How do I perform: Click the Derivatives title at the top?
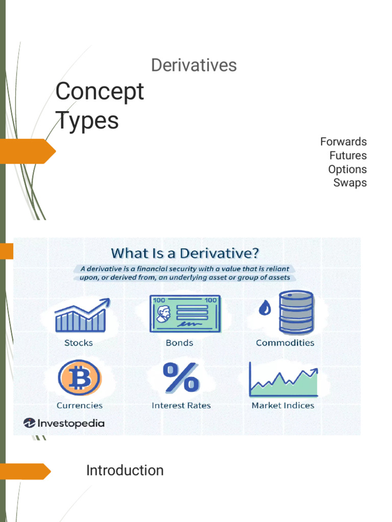click(x=194, y=65)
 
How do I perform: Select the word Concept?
click(x=100, y=92)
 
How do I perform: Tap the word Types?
click(x=87, y=121)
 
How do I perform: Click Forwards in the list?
click(x=343, y=142)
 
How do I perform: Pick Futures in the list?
click(x=348, y=155)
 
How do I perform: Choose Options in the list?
click(x=347, y=169)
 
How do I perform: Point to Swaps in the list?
click(x=350, y=182)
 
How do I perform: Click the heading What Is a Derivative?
click(x=185, y=253)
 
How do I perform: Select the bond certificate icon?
click(x=185, y=314)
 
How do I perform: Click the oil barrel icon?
click(x=296, y=312)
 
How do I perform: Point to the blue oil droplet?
click(x=264, y=309)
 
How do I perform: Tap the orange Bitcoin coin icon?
click(x=79, y=378)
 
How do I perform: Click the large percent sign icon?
click(x=181, y=378)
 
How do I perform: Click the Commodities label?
click(x=285, y=343)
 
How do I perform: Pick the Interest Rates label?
click(x=181, y=406)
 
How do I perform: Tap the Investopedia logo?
click(x=64, y=423)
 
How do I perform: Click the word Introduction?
click(x=125, y=471)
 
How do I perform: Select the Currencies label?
click(x=80, y=406)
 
